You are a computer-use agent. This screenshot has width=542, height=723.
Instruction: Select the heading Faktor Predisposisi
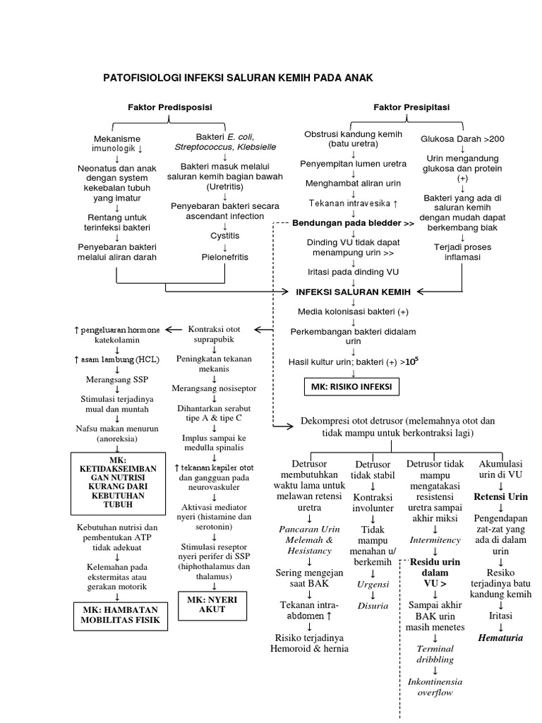pos(170,107)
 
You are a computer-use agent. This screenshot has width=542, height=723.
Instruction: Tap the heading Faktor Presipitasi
pos(411,107)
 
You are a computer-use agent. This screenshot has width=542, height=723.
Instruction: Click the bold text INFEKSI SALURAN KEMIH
pos(353,292)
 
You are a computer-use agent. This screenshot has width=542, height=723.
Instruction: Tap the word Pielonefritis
pos(225,257)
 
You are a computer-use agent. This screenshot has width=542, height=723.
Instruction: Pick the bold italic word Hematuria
pos(500,638)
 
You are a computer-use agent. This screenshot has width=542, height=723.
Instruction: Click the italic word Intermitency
pos(435,540)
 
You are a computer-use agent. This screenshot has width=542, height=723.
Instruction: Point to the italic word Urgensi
pos(373,585)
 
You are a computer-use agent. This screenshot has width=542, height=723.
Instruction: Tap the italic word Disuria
pos(373,605)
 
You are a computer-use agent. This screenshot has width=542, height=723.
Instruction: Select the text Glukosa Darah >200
pos(462,138)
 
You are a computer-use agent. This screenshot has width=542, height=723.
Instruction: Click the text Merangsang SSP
pos(117,380)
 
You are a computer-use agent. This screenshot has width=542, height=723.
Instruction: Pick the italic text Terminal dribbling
pos(435,654)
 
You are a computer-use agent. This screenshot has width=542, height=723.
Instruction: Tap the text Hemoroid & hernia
pos(309,648)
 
